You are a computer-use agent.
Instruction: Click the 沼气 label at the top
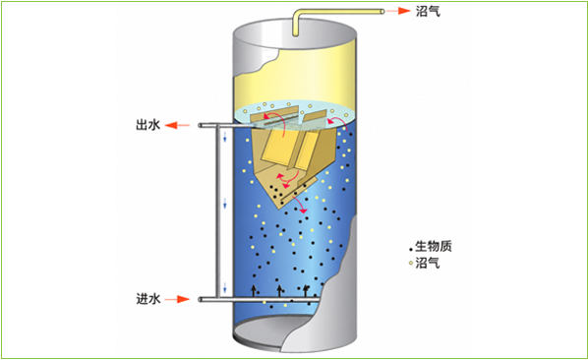(428, 11)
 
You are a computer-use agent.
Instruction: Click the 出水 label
(148, 125)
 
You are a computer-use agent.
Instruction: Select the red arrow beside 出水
(177, 125)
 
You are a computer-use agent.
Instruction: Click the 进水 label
(148, 299)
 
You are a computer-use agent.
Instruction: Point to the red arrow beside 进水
(177, 299)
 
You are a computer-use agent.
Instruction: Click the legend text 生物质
(434, 246)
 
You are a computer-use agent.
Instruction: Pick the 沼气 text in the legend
(428, 263)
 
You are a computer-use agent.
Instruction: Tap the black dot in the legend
(411, 249)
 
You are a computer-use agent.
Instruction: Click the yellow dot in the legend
(411, 264)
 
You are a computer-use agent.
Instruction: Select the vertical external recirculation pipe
(217, 211)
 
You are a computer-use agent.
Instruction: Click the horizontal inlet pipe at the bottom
(259, 299)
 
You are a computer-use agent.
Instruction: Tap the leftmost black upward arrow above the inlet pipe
(254, 290)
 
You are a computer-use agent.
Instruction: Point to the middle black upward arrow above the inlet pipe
(279, 290)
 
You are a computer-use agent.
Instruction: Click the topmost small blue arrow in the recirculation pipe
(225, 137)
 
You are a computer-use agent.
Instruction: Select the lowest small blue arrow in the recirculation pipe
(225, 288)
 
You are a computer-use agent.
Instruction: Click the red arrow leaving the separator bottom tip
(299, 205)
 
